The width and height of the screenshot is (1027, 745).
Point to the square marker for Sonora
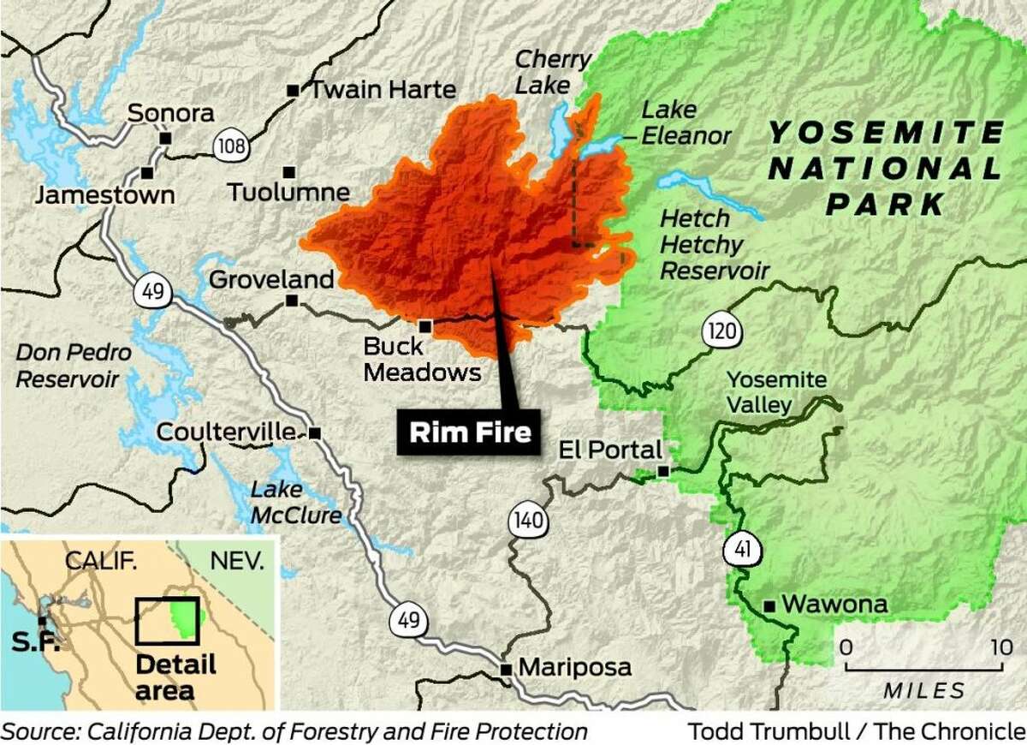pos(166,138)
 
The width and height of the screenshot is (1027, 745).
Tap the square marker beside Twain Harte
pos(293,90)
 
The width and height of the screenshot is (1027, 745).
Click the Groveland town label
pos(271,279)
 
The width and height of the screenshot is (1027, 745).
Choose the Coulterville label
pos(230,432)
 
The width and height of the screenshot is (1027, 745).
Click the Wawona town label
pos(834,605)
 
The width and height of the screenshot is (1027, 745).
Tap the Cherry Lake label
pos(554,72)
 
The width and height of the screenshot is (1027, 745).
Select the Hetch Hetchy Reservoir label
pos(714,245)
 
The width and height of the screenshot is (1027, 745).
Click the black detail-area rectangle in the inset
pos(167,620)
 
